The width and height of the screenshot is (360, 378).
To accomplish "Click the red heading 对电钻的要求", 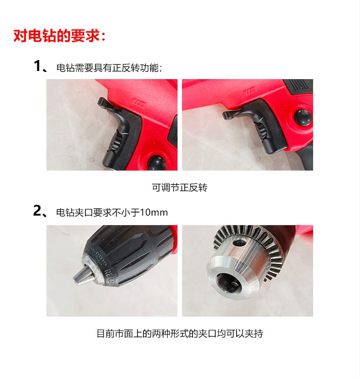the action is point(59,36).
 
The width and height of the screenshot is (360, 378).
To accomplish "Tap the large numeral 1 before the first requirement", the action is point(37,66).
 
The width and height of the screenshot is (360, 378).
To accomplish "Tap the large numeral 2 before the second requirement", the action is point(37,211).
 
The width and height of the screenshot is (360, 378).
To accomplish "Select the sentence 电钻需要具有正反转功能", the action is point(109,68).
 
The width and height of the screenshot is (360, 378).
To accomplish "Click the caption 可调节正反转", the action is point(180,188).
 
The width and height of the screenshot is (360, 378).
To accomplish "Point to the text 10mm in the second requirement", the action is point(154,213).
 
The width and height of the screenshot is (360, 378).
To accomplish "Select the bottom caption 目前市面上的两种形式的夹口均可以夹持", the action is point(180,334).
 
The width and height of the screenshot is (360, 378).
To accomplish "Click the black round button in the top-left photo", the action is point(157,163).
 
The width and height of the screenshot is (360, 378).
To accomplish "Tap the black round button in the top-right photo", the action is point(303,118).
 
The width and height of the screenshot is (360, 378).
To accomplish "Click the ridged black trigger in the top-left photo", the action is point(115,142).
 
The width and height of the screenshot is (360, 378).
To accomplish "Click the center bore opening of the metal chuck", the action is point(228,282).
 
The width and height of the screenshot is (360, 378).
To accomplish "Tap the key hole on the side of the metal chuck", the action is point(240,243).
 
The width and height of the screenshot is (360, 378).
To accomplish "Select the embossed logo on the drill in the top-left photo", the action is point(139,103).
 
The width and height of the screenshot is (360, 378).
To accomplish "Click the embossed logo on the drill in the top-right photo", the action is point(250,92).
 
